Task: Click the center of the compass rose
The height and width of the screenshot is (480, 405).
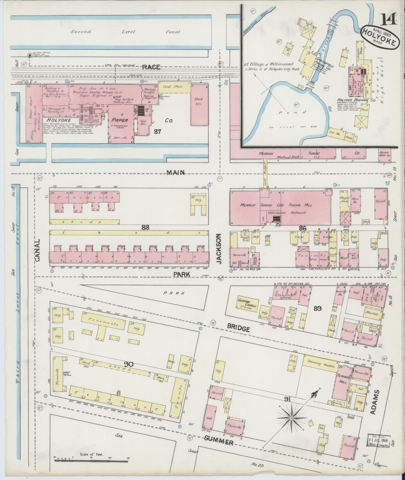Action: pos(291,418)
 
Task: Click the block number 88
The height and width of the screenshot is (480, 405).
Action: pos(145,227)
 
